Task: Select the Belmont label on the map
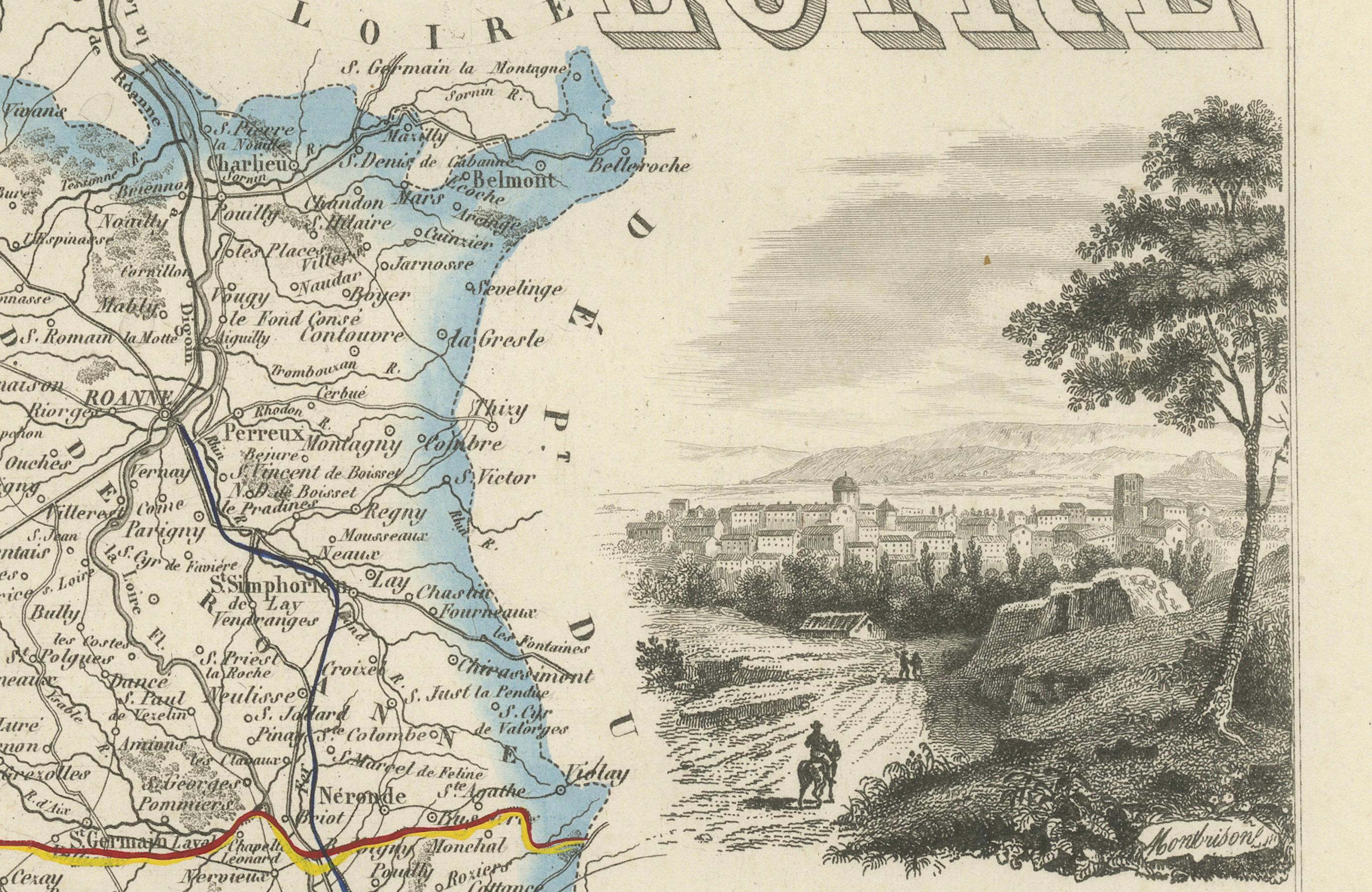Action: (514, 180)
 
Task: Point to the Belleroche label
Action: (639, 166)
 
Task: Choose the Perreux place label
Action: (263, 433)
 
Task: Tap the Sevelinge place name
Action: (518, 288)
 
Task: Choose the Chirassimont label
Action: (525, 669)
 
